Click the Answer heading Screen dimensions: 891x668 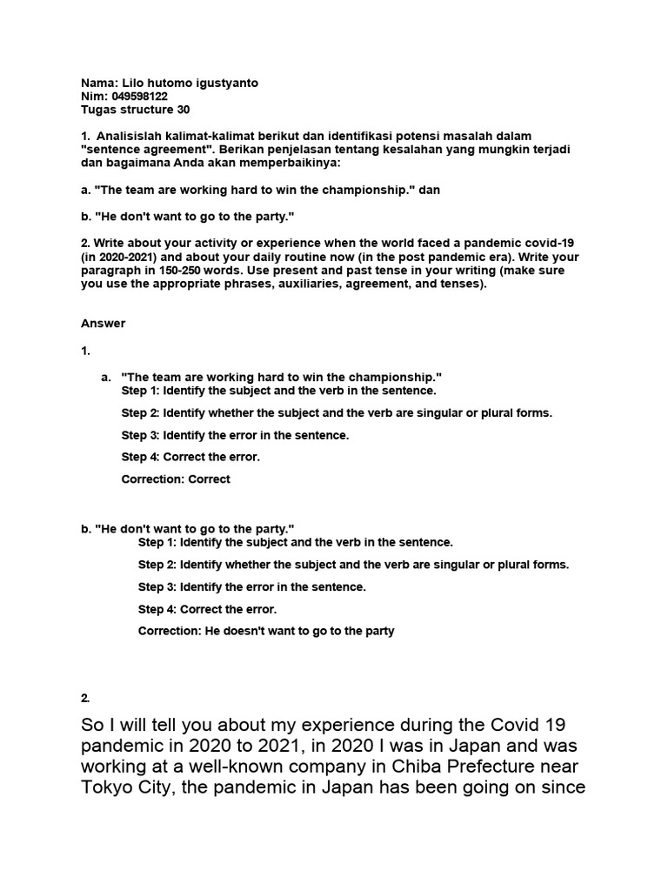pos(104,324)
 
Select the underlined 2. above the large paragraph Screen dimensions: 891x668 pos(85,698)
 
